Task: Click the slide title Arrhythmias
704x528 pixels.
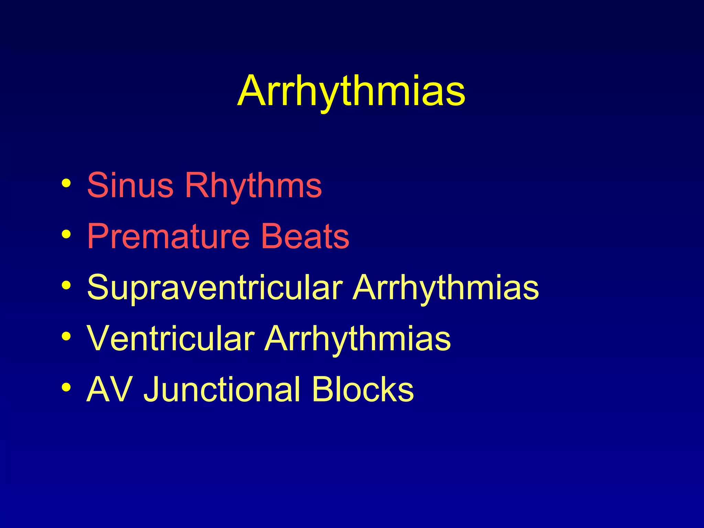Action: point(351,91)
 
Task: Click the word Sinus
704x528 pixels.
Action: point(130,185)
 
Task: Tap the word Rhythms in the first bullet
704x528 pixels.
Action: point(253,185)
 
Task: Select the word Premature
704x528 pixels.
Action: point(168,236)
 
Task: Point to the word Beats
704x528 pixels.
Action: point(305,236)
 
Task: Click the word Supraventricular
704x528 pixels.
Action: point(215,287)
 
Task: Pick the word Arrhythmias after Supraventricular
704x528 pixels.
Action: point(446,287)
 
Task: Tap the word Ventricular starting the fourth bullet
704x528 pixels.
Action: point(170,338)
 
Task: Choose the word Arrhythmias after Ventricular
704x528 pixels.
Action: point(357,338)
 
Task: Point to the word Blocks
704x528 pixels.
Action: point(363,389)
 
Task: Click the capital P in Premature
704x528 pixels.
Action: point(98,236)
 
